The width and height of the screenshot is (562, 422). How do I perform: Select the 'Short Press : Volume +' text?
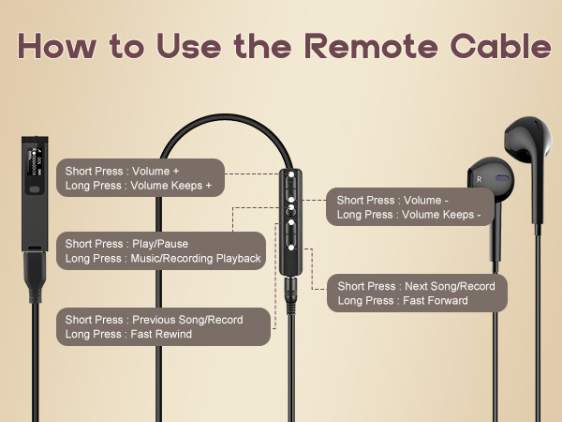coord(122,172)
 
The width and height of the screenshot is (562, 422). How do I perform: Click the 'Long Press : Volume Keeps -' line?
coord(409,216)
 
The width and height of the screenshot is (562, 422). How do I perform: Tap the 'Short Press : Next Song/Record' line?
coord(416,285)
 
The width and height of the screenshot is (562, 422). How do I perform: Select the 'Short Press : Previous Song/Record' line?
coord(154,320)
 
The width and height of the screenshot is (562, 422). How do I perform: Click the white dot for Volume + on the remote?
coord(291,176)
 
